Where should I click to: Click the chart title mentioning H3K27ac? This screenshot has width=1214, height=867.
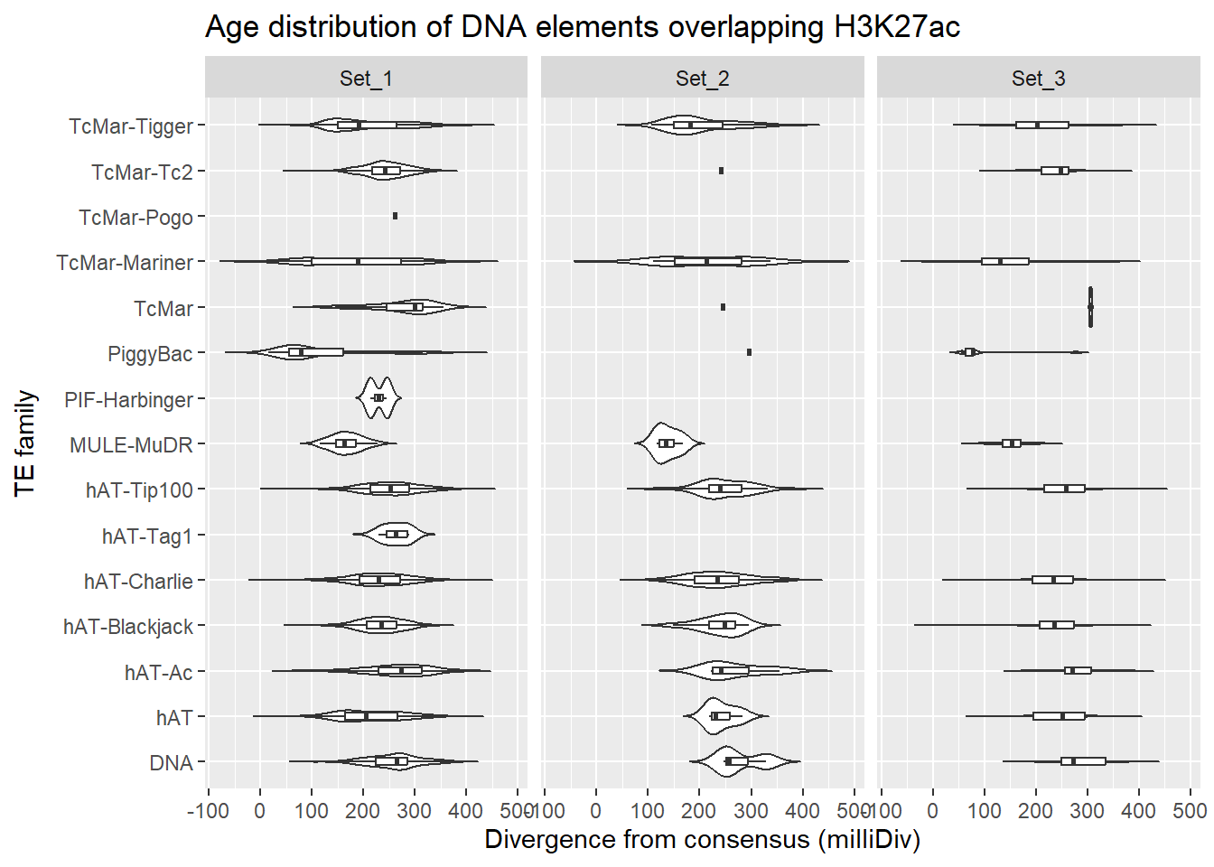pos(582,27)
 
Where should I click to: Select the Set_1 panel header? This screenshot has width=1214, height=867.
pos(366,79)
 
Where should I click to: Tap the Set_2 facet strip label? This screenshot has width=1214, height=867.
pos(702,79)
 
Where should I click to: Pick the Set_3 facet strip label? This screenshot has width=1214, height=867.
pos(1038,79)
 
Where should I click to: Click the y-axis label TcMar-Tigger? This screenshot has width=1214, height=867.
pos(131,126)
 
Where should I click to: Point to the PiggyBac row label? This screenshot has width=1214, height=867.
pos(150,354)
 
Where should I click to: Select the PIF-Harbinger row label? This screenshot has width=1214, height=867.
pos(128,399)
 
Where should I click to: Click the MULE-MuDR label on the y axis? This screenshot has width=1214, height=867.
pos(131,445)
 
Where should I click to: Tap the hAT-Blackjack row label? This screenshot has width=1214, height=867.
pos(128,627)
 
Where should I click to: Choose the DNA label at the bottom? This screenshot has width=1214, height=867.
pos(171,763)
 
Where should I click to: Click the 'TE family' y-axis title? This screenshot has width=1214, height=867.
pos(25,443)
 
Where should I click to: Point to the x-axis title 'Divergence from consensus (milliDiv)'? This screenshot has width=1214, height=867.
pos(702,840)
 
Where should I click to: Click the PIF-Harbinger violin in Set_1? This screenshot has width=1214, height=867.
pos(379,398)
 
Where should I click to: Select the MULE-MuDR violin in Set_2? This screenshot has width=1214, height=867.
pos(667,443)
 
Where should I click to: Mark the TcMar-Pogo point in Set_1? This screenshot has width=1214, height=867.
pos(395,216)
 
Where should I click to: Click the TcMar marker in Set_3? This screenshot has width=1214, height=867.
pos(1090,307)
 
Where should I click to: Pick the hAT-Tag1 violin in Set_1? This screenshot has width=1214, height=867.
pos(396,535)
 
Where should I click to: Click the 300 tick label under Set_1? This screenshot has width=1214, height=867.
pos(414,811)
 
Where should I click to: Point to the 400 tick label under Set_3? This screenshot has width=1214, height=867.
pos(1138,811)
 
